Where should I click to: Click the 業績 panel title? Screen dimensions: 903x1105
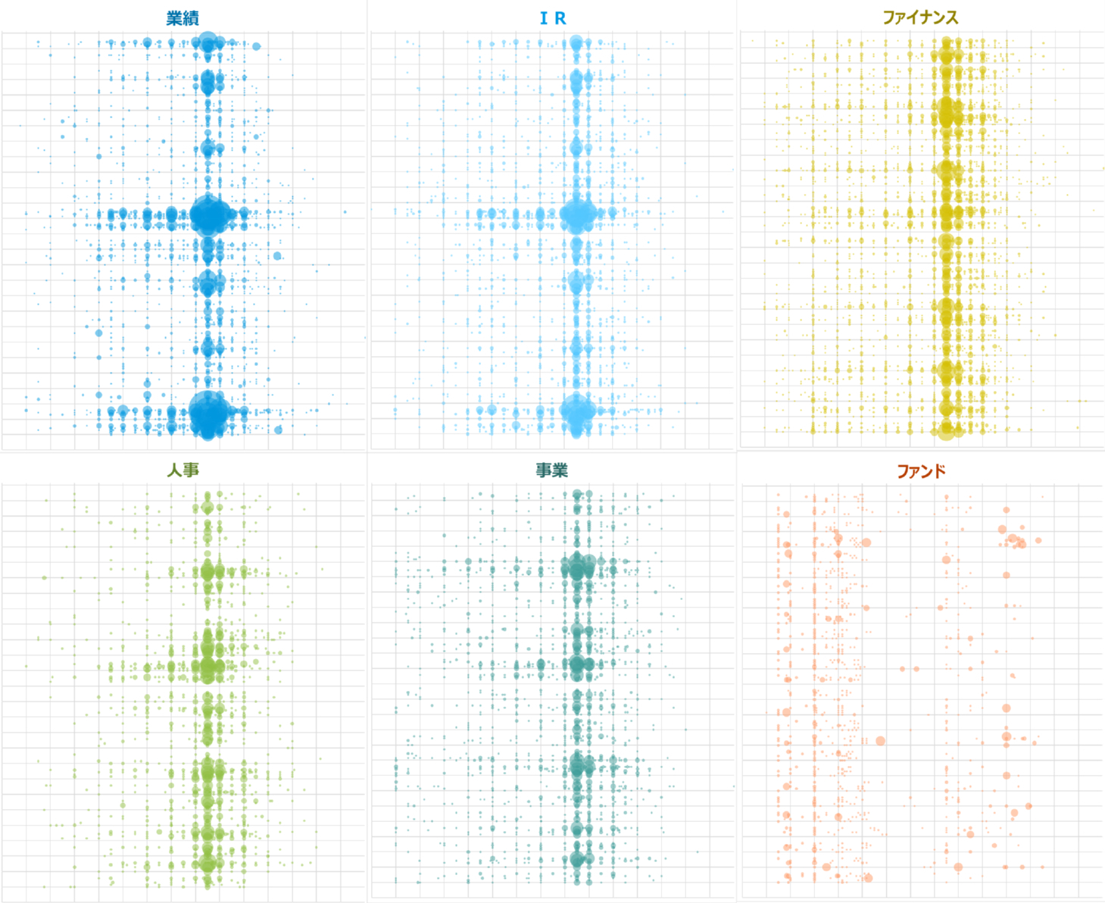click(x=183, y=18)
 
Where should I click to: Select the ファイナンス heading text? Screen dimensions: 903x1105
click(x=920, y=17)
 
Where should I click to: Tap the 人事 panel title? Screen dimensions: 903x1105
click(x=183, y=470)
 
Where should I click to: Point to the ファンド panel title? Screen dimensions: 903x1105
click(x=921, y=471)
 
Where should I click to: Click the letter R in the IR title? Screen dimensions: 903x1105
click(x=560, y=18)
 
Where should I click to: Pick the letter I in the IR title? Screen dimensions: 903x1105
click(x=543, y=18)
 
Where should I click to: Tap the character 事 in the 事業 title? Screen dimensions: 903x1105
click(x=543, y=470)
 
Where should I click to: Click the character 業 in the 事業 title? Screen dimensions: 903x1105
click(x=560, y=470)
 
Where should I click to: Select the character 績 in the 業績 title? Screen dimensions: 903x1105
click(x=191, y=18)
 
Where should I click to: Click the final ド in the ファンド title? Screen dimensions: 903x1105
click(x=939, y=471)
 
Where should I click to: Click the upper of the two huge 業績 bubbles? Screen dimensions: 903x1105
click(x=210, y=216)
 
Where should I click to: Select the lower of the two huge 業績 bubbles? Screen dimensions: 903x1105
click(x=208, y=413)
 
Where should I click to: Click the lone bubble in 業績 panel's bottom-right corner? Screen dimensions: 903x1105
click(x=278, y=430)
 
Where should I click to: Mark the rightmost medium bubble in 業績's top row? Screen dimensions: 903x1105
click(x=256, y=46)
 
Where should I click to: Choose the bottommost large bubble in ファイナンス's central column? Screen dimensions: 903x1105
click(x=947, y=430)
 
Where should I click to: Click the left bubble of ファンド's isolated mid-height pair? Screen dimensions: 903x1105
click(x=902, y=669)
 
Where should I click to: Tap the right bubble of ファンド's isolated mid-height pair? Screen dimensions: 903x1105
click(x=916, y=669)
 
